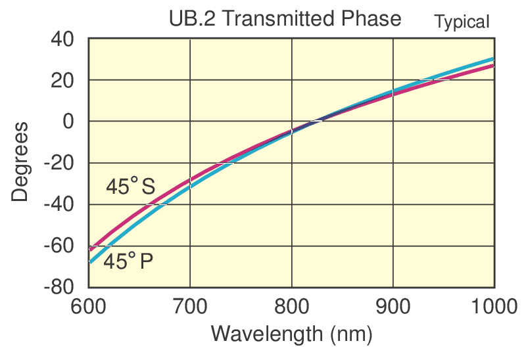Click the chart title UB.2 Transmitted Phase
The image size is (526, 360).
click(x=284, y=18)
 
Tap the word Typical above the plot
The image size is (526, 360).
click(x=462, y=22)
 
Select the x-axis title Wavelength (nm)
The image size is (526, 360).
click(x=291, y=334)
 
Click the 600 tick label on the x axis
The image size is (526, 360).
click(x=89, y=305)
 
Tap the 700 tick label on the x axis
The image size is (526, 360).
click(x=190, y=305)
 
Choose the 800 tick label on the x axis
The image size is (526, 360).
click(x=291, y=305)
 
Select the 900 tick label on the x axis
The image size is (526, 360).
click(x=393, y=305)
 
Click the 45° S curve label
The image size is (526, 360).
click(x=130, y=187)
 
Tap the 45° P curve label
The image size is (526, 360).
click(x=128, y=262)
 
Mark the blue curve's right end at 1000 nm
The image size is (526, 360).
click(x=492, y=59)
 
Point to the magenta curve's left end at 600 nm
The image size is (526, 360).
click(x=90, y=250)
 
